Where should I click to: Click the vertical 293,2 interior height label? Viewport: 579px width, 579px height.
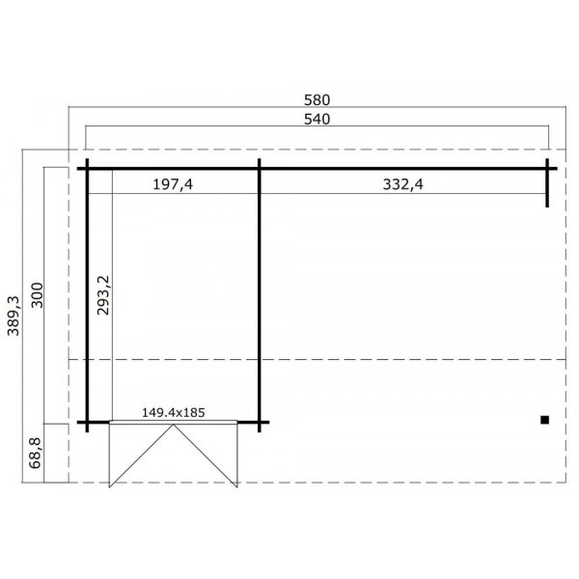click(x=103, y=294)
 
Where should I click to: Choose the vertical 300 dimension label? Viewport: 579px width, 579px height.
click(x=39, y=294)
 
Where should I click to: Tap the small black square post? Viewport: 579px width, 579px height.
click(x=545, y=420)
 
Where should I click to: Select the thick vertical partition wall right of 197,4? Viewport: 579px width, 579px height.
click(x=260, y=289)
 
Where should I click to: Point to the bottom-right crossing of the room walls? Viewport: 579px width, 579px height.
click(x=260, y=423)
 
